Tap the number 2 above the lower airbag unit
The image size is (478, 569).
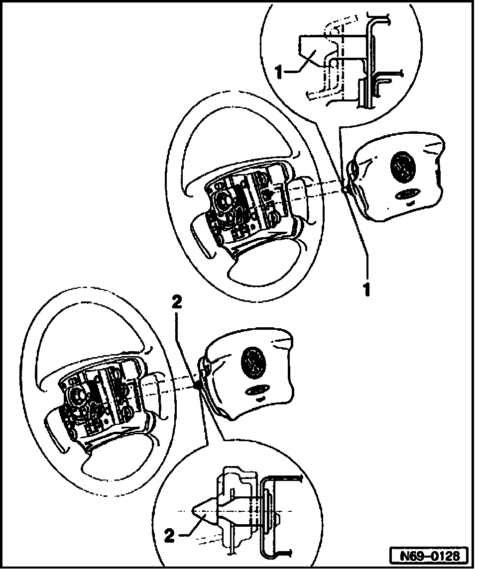click(178, 302)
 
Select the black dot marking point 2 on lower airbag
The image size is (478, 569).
click(198, 384)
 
